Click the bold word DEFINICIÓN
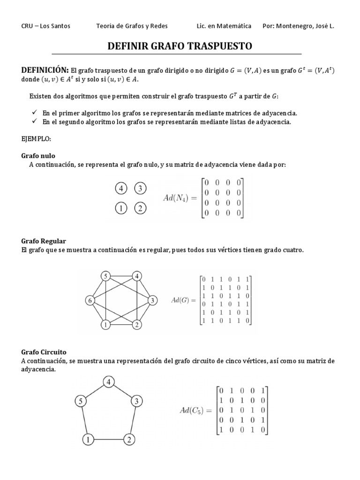pos(45,70)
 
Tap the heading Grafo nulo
pos(38,156)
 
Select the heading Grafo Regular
pos(44,241)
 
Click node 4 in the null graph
pos(121,188)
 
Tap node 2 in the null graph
pos(140,209)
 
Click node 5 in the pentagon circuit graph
pos(81,401)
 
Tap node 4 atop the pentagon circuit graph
pos(109,382)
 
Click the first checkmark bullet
pos(34,113)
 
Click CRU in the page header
pos(28,26)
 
